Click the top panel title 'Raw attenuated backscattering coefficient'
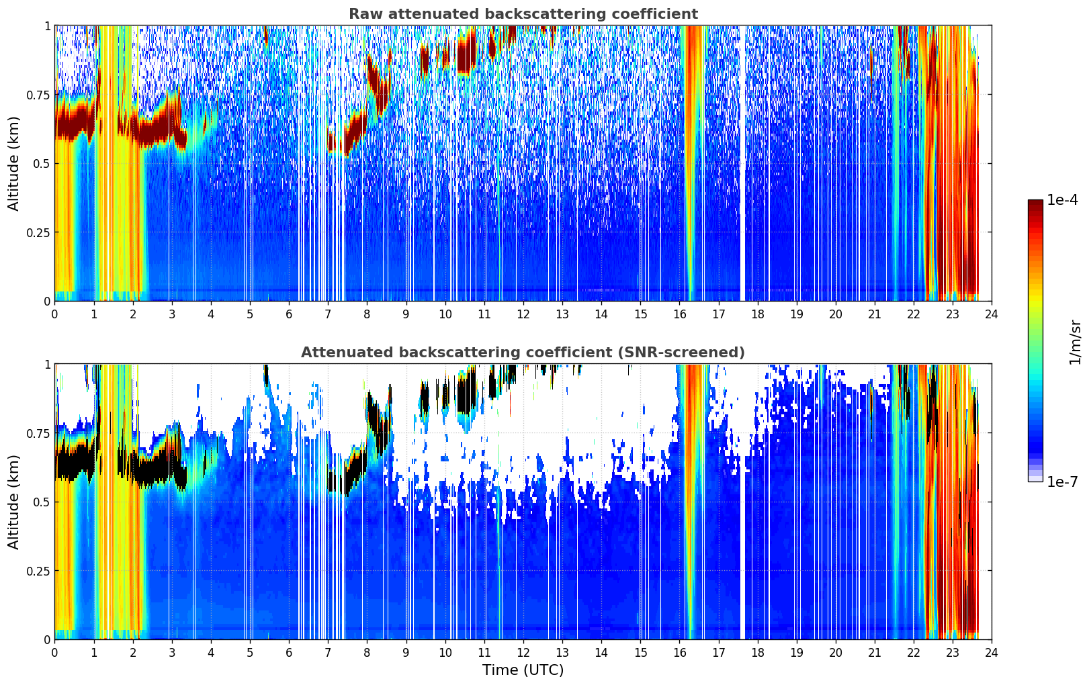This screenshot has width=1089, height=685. (x=523, y=13)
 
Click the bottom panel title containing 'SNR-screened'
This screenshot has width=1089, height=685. (x=523, y=352)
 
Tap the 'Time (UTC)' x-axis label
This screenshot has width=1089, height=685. (x=523, y=670)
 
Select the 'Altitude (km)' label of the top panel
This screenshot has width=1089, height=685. (x=13, y=163)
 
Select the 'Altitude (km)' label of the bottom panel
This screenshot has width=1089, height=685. (x=13, y=502)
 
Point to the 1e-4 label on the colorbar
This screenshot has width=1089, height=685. (x=1062, y=199)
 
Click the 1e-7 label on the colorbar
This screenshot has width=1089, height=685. (x=1062, y=482)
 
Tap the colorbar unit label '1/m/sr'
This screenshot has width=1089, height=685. (x=1075, y=342)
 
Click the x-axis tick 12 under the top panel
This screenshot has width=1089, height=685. (x=523, y=314)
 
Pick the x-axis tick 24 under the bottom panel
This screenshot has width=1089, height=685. (x=992, y=653)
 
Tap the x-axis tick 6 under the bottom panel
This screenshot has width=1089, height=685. (x=289, y=653)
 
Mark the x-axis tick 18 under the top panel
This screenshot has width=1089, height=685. (x=757, y=314)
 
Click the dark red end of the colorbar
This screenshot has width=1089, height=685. (x=1035, y=203)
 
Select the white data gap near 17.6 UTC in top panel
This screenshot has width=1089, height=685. (x=742, y=163)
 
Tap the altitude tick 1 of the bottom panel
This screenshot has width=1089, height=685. (x=48, y=365)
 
